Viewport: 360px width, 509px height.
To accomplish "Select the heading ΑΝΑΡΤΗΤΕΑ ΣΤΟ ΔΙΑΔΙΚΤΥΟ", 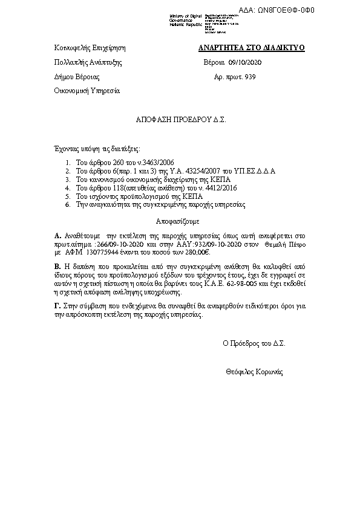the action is tap(252, 47).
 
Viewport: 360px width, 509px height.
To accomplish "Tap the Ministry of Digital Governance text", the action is tap(186, 21).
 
